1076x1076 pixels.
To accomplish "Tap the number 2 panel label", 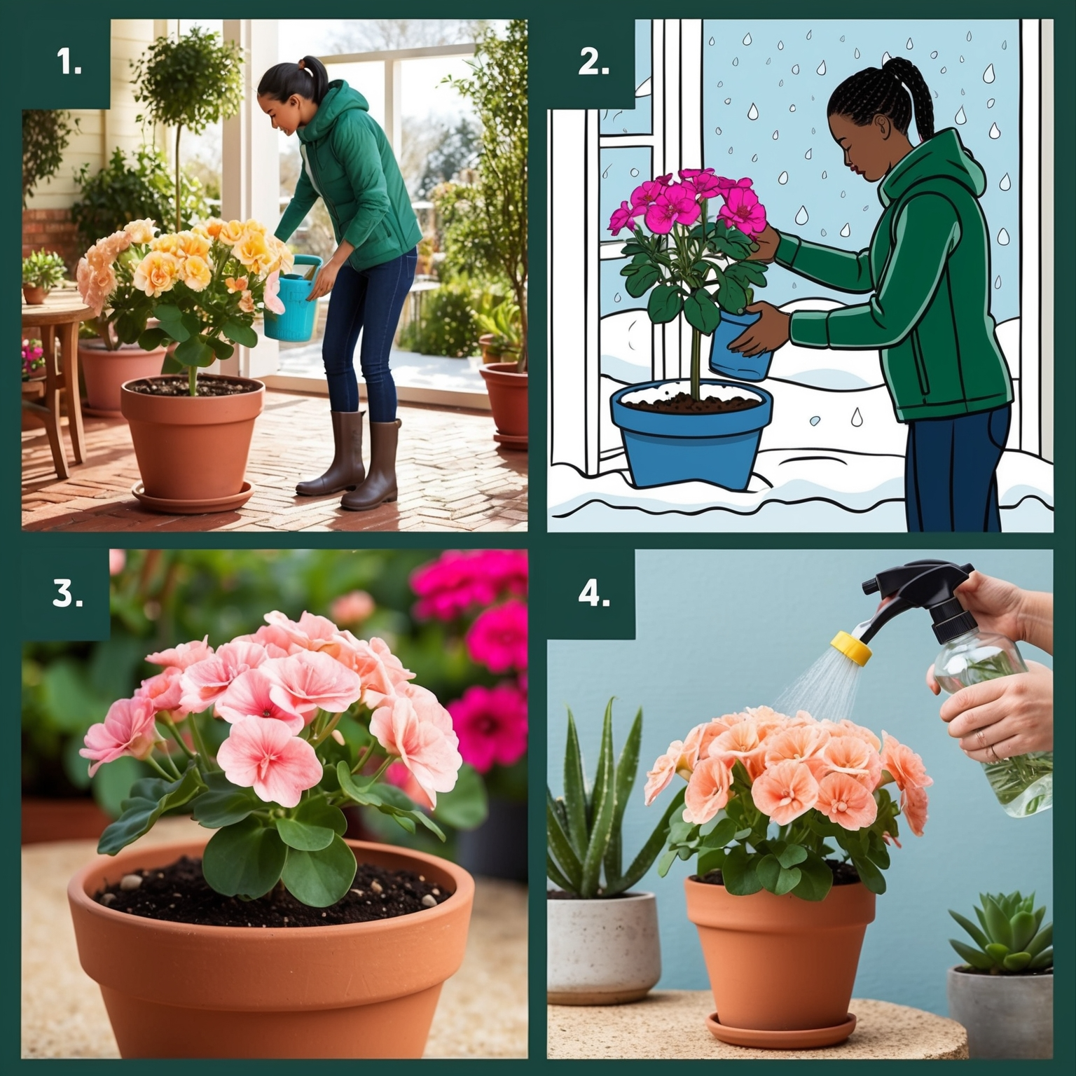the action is (x=593, y=64).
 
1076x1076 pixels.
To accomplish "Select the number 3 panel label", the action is (x=68, y=593).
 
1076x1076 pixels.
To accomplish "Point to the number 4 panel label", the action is (x=593, y=593).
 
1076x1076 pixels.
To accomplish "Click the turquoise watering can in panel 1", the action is (x=291, y=298).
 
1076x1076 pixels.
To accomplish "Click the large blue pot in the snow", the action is (x=691, y=434).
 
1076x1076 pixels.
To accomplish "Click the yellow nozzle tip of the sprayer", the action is (x=851, y=648).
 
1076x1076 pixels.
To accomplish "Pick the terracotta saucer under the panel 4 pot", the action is (x=781, y=1029).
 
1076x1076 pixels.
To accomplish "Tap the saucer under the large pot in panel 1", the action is (x=193, y=496).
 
